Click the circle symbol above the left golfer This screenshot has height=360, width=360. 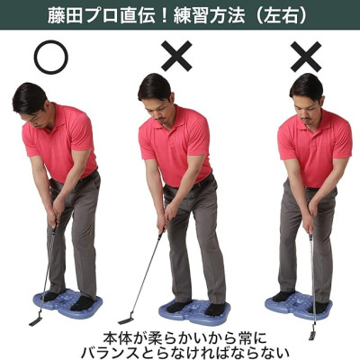[x=50, y=57]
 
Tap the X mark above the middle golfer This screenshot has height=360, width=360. [x=176, y=57]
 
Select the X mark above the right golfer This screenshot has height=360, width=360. [x=306, y=57]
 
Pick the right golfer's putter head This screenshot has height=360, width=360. [x=310, y=334]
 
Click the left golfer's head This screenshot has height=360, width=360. [x=31, y=97]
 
